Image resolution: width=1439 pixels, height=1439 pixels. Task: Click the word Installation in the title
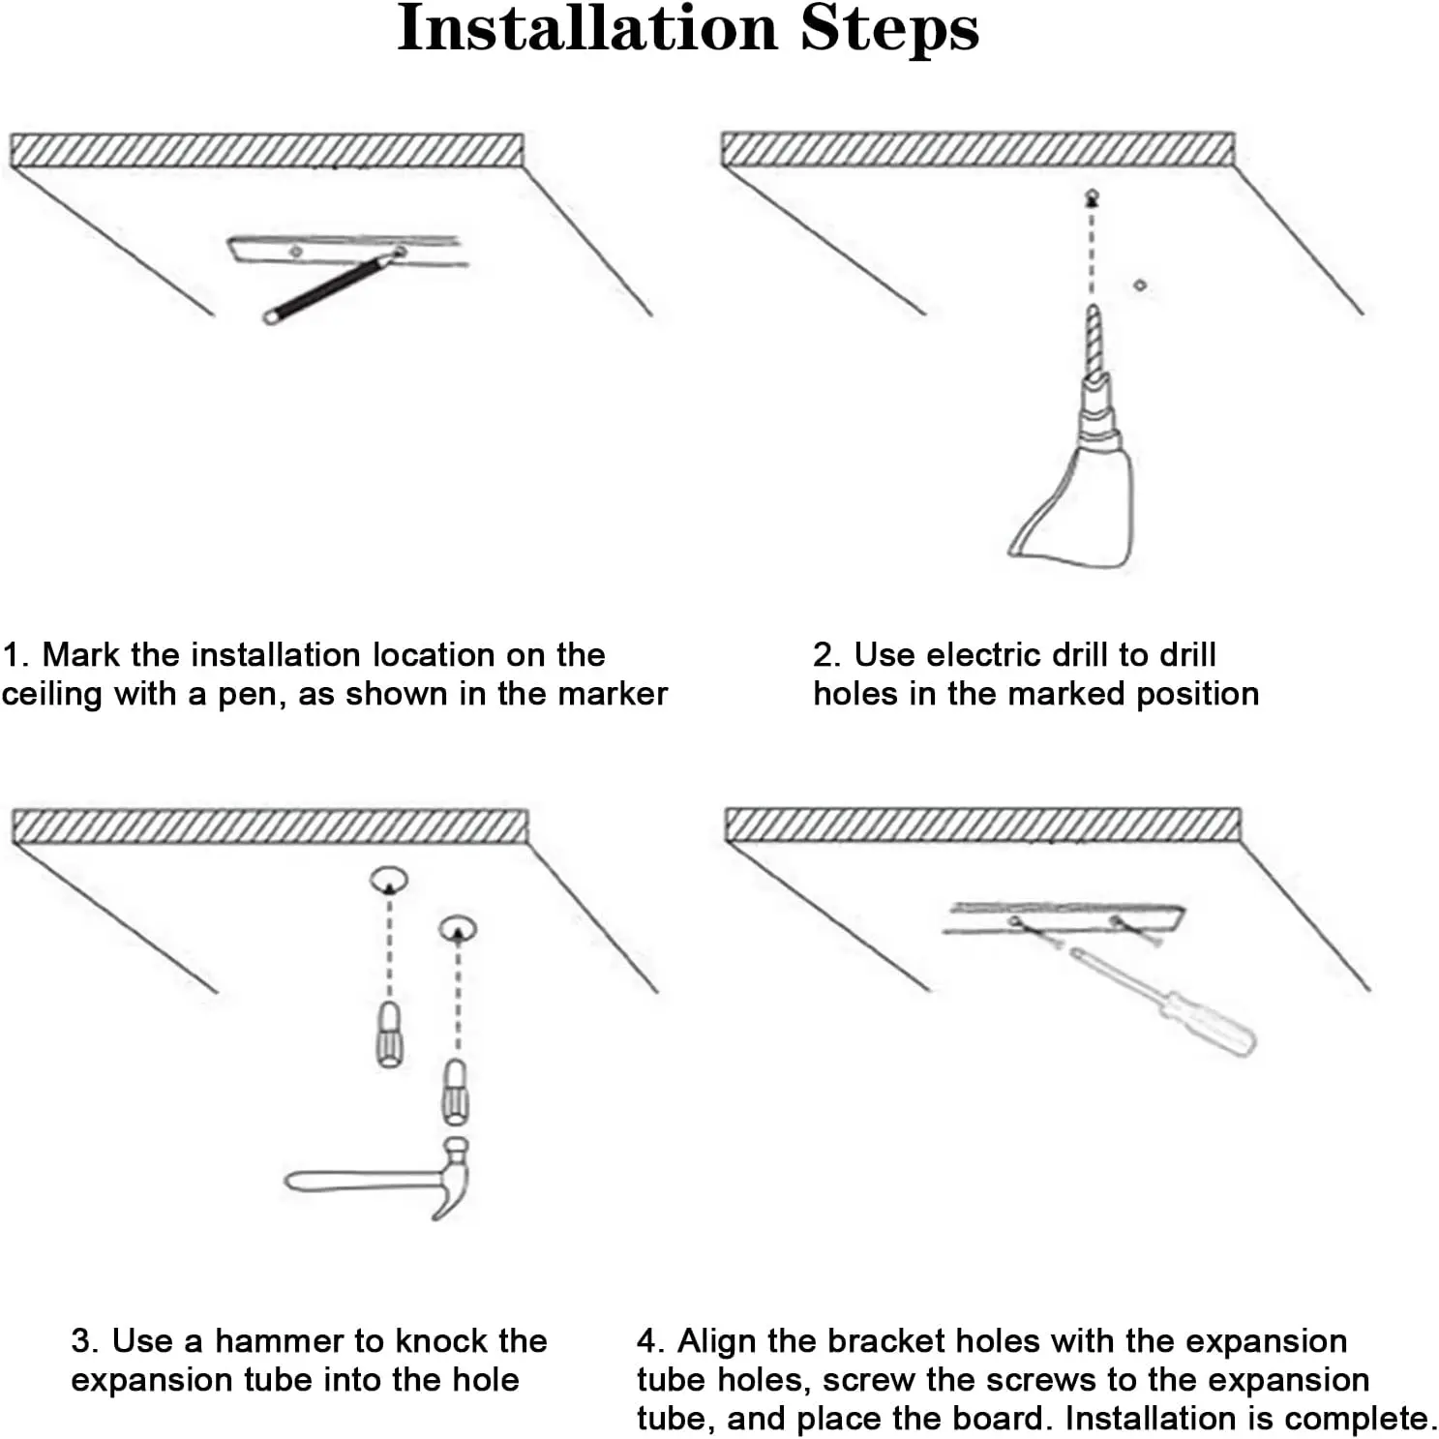[587, 29]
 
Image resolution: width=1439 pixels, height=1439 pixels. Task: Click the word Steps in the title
[889, 29]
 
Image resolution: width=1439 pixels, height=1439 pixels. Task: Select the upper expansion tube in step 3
[388, 1033]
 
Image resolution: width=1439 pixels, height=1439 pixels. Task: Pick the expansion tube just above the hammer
[455, 1091]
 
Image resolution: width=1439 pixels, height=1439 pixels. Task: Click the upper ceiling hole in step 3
[389, 879]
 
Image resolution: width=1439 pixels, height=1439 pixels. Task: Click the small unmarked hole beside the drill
[1140, 285]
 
